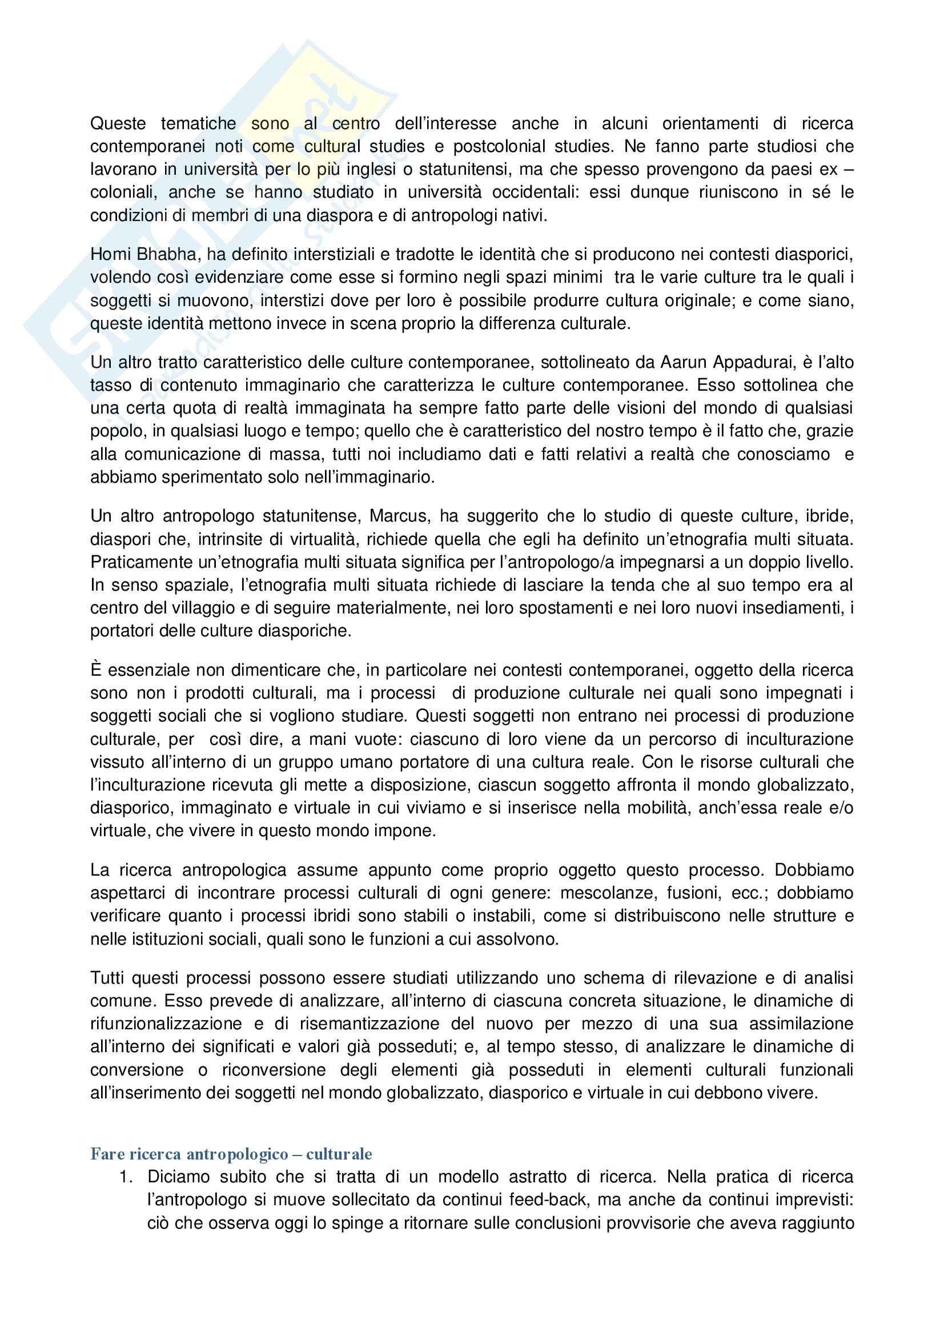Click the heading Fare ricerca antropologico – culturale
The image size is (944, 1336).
point(231,1154)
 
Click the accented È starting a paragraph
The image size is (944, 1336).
point(96,670)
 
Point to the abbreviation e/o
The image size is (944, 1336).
point(842,808)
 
